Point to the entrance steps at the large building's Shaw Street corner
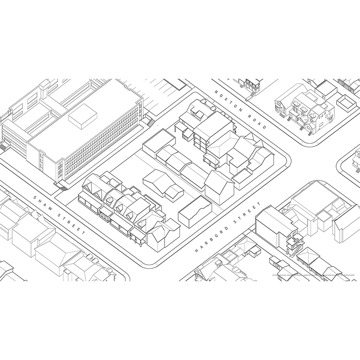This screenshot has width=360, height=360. pos(61,185)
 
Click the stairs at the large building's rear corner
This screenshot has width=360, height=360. pos(148,121)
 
